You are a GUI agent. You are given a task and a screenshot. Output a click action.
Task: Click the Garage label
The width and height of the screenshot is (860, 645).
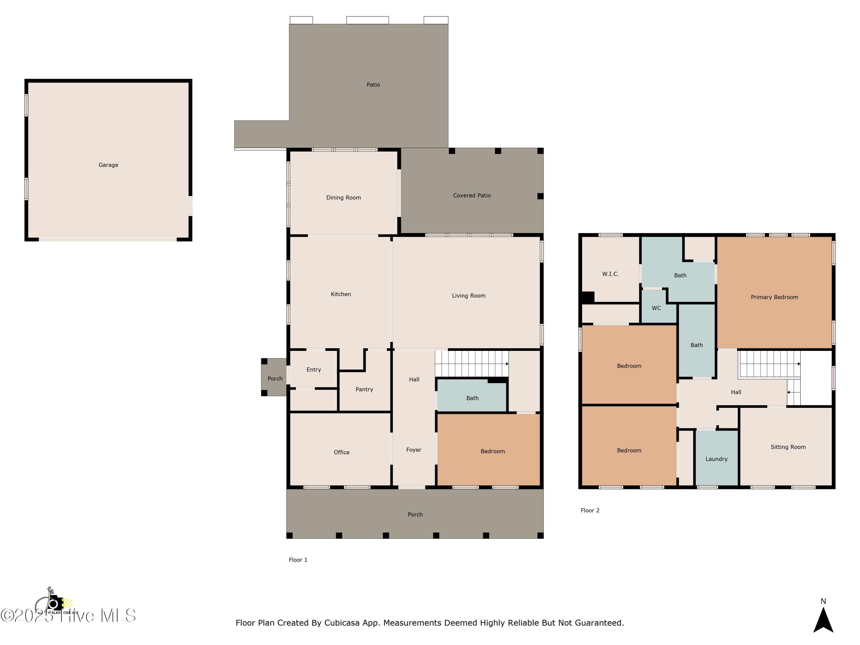(108, 165)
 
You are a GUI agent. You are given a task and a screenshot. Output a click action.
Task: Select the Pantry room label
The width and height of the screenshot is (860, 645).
(364, 389)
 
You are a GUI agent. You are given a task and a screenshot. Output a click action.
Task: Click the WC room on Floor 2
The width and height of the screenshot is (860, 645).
(656, 308)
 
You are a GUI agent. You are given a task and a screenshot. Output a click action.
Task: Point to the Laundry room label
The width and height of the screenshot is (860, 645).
(716, 459)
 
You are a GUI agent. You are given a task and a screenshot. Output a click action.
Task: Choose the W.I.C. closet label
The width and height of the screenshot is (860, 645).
(610, 274)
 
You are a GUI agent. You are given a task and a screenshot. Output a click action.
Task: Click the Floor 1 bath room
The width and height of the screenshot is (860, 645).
(472, 398)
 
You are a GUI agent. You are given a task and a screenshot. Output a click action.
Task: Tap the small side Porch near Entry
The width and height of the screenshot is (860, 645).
(275, 378)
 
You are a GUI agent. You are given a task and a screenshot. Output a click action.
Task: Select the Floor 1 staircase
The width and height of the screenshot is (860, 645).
(471, 363)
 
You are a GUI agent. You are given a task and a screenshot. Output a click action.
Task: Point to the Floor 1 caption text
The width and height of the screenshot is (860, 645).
(298, 560)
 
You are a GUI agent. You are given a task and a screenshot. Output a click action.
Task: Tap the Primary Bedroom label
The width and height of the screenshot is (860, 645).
(774, 297)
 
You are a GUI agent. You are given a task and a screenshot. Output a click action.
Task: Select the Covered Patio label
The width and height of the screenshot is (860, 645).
(472, 195)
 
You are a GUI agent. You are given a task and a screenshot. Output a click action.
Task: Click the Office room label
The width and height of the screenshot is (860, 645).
(341, 452)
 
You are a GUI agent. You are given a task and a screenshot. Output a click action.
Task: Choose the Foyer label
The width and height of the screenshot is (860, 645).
(413, 449)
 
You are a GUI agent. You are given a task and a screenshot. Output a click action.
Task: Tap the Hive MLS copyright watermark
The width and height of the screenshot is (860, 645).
(68, 615)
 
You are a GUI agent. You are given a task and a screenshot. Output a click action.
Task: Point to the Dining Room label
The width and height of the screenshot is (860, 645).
(343, 198)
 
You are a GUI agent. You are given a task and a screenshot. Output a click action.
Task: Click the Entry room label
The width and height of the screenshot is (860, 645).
(313, 369)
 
